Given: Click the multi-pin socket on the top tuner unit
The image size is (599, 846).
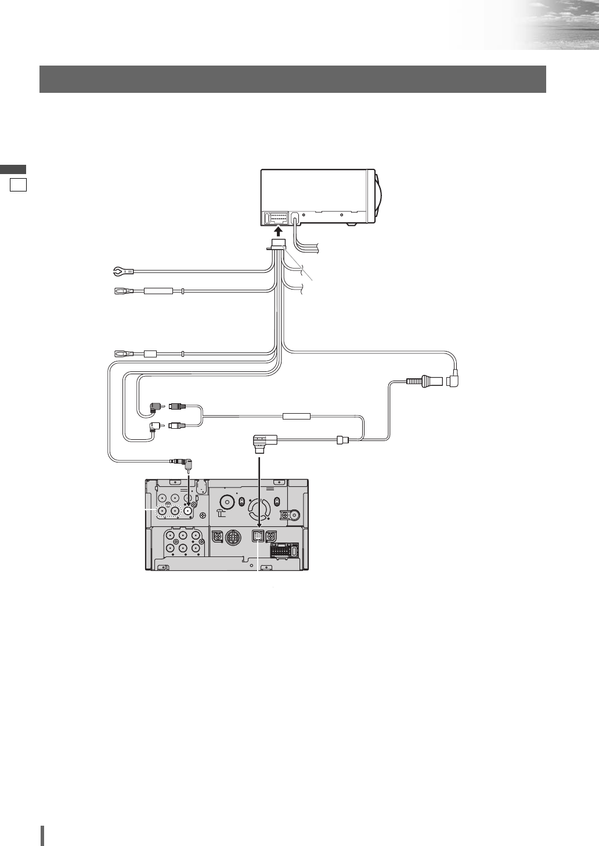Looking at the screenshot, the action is (276, 218).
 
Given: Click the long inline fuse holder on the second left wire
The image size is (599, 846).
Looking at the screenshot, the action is (158, 291).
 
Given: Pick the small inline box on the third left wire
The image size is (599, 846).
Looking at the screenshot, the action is (151, 353).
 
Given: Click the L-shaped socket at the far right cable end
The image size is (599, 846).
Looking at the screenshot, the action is (453, 381).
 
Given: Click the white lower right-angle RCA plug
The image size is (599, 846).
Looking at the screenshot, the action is (155, 428).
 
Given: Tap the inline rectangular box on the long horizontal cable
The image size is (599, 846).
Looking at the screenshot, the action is (297, 416).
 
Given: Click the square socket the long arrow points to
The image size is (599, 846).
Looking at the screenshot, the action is (259, 537).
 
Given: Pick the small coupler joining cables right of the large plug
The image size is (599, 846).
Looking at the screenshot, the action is (341, 441).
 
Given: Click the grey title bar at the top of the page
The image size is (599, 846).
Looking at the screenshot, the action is (293, 79).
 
